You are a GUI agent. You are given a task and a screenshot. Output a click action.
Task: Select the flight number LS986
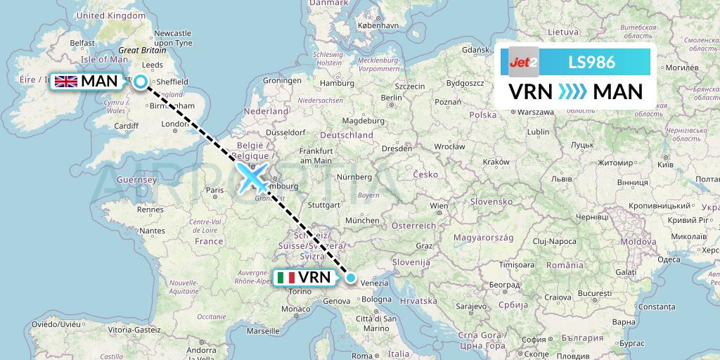click(591, 62)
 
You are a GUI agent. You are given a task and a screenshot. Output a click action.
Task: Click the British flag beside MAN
click(66, 82)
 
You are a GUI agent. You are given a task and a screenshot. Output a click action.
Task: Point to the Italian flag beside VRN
click(285, 278)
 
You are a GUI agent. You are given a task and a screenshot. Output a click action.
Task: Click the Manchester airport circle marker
click(141, 82)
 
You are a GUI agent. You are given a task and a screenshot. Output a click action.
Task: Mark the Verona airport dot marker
click(351, 278)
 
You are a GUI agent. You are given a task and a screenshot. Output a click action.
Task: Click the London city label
click(173, 124)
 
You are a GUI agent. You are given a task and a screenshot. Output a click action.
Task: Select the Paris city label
click(214, 189)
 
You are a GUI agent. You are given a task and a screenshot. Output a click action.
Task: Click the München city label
click(364, 220)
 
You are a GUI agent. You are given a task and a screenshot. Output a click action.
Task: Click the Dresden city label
click(397, 148)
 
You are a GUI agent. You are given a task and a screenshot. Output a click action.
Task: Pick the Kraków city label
click(496, 162)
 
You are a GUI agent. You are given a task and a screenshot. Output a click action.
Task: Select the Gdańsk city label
click(476, 50)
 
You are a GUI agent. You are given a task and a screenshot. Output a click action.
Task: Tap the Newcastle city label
click(172, 33)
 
